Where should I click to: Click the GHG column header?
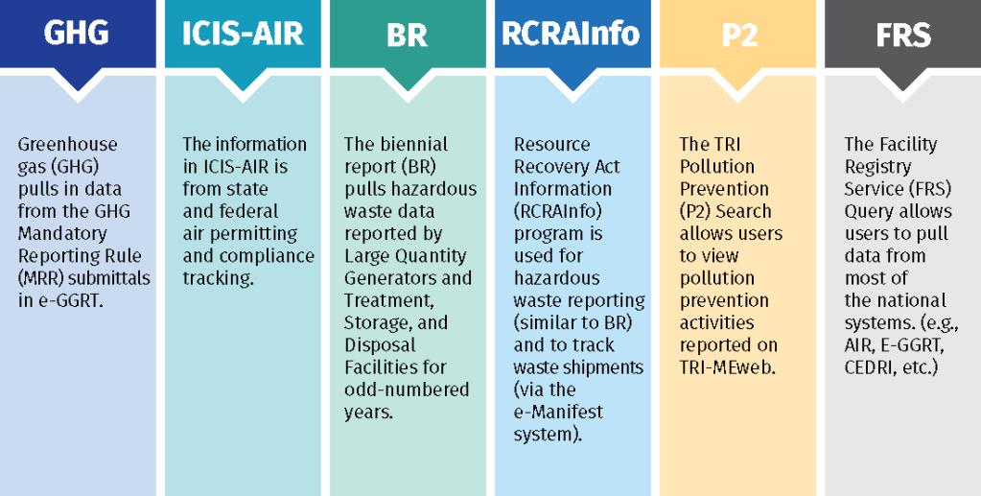78,35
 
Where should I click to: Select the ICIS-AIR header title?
243,35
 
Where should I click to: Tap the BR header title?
408,35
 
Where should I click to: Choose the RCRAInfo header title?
572,35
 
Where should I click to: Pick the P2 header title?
739,35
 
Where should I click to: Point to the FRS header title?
903,35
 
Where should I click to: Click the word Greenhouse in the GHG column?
67,145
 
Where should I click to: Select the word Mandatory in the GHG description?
62,233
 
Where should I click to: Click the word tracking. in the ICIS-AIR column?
219,278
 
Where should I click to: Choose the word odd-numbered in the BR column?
407,389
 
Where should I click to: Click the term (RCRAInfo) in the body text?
558,212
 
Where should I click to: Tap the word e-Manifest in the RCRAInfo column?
559,413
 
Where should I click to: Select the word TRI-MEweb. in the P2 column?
728,367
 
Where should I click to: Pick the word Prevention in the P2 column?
725,189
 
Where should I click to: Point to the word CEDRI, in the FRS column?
867,367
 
